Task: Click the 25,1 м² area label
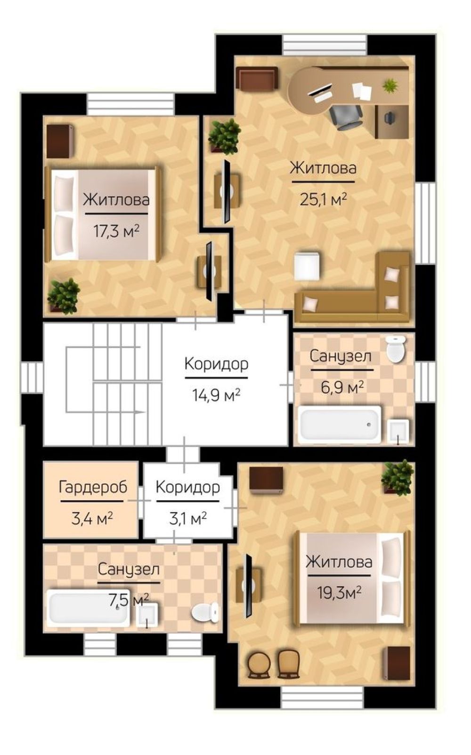pyautogui.click(x=323, y=199)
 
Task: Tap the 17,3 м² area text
pyautogui.click(x=116, y=231)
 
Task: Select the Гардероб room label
pyautogui.click(x=93, y=488)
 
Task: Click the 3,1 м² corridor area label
pyautogui.click(x=188, y=518)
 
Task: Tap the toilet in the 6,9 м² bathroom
pyautogui.click(x=396, y=349)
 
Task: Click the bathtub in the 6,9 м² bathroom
pyautogui.click(x=340, y=424)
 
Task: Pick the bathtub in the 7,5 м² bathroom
pyautogui.click(x=88, y=608)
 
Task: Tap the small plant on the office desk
pyautogui.click(x=390, y=85)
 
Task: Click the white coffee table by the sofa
pyautogui.click(x=307, y=266)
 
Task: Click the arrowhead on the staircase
pyautogui.click(x=141, y=412)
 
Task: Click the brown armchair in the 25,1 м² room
pyautogui.click(x=257, y=78)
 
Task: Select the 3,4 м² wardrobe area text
pyautogui.click(x=91, y=518)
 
